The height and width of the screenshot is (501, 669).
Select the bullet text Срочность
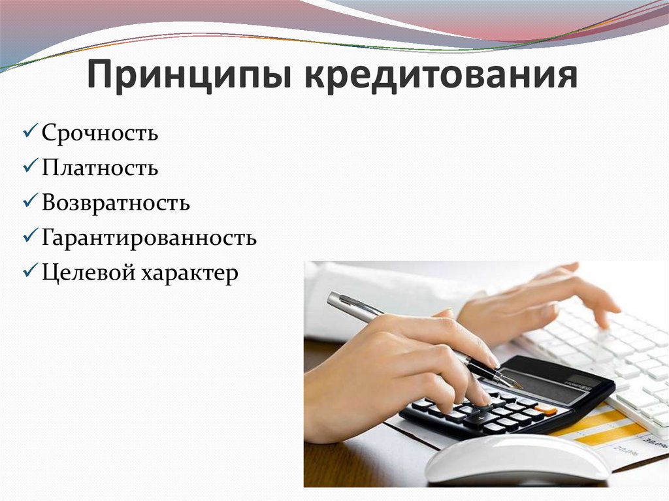100,133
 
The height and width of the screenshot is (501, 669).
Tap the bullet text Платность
100,168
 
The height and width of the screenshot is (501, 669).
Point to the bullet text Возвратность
116,202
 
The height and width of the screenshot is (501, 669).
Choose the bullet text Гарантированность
149,237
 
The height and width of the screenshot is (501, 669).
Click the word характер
188,273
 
